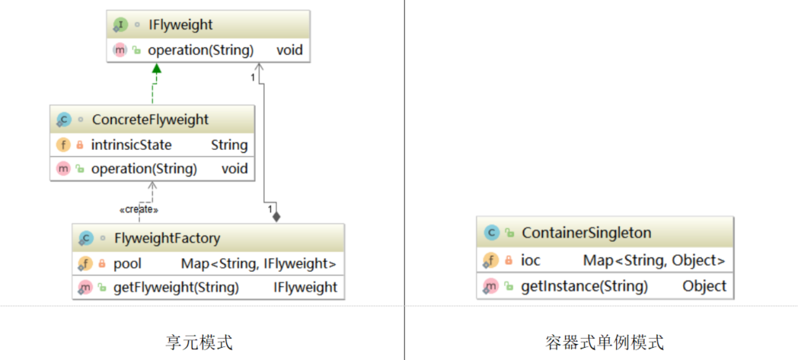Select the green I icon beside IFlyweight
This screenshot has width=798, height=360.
click(120, 25)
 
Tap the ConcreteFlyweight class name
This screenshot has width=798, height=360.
click(150, 119)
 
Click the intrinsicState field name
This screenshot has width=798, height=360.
click(131, 145)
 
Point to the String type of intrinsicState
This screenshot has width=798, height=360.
click(229, 145)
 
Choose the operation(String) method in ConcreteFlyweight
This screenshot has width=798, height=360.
click(144, 168)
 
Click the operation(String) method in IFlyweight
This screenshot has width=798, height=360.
click(200, 50)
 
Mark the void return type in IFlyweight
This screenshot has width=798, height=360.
click(289, 50)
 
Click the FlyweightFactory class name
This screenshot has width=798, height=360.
click(167, 237)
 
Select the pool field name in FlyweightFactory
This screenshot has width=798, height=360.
click(127, 263)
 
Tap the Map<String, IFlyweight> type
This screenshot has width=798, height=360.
click(259, 263)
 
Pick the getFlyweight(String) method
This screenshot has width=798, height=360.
click(176, 287)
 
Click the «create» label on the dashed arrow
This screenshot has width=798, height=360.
click(139, 209)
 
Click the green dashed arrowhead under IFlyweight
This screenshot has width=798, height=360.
click(156, 68)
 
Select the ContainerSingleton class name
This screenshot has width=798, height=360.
click(586, 233)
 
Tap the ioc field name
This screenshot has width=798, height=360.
click(531, 260)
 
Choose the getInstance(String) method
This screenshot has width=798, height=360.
click(584, 286)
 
